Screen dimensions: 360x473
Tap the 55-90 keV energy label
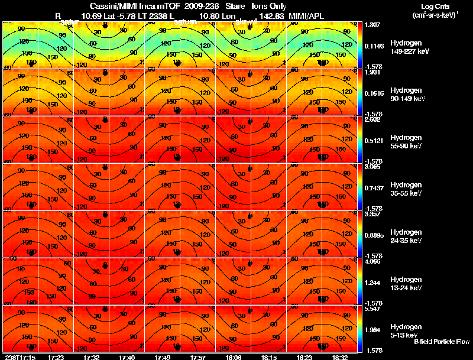tap(406, 146)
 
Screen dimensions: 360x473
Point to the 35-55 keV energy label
tap(406, 193)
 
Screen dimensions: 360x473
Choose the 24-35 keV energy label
tap(406, 241)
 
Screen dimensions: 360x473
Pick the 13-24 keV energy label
tap(406, 288)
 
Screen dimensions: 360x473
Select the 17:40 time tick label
tap(127, 357)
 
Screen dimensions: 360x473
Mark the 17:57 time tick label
tap(197, 357)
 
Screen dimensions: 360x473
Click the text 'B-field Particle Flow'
tap(441, 342)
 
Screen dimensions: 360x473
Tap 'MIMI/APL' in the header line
tap(307, 16)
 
